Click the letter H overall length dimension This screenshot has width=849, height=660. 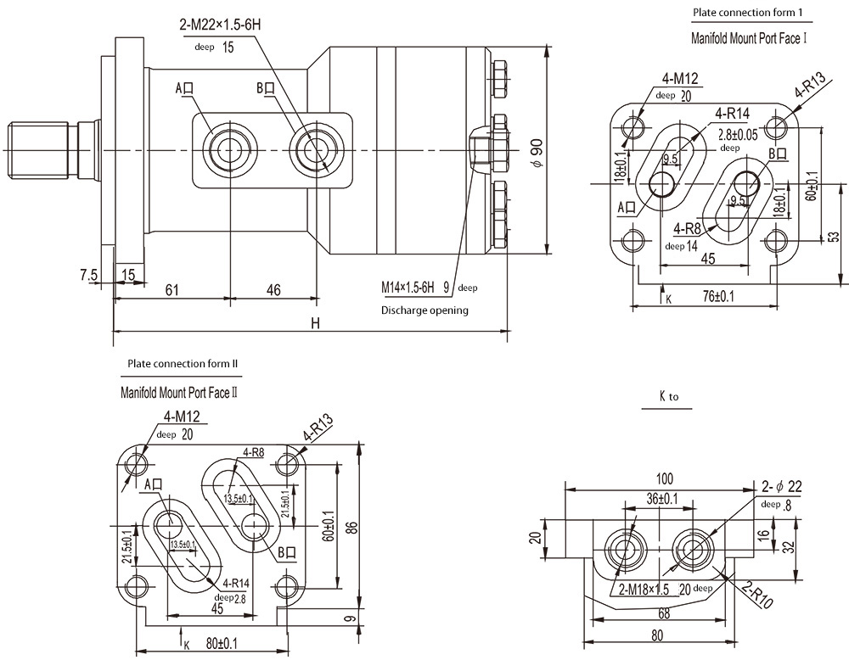316,323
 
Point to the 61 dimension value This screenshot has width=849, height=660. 171,290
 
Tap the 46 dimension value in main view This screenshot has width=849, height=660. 273,290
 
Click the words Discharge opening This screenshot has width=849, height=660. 424,310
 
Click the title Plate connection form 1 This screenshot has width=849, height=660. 746,13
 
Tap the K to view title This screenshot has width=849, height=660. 668,396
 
